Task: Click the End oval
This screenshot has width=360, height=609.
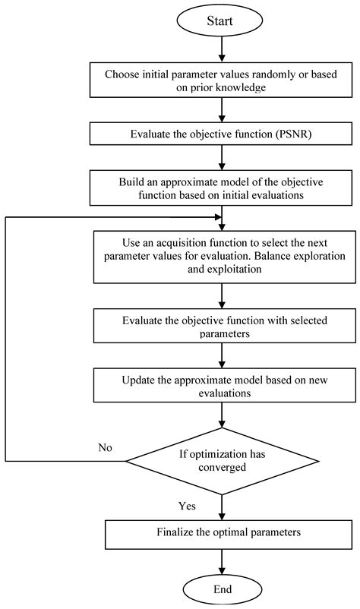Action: [220, 588]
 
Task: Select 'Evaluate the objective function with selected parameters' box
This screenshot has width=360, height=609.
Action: [220, 326]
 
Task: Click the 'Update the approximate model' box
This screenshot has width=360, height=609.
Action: [220, 385]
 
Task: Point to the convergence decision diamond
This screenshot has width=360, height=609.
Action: [220, 460]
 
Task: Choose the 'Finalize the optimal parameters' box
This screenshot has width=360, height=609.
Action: [220, 532]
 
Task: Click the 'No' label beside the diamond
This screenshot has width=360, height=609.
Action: [106, 447]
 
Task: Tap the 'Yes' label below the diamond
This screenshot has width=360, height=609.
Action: [188, 505]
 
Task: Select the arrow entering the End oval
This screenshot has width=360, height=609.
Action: [220, 560]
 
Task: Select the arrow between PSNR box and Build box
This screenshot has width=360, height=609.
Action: [220, 157]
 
